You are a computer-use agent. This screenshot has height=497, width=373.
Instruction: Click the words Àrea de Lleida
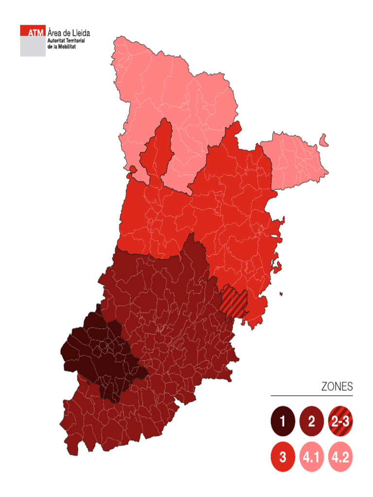(x=68, y=33)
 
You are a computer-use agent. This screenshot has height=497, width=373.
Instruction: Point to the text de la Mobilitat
(x=61, y=47)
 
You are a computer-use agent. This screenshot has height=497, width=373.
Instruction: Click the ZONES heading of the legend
(x=337, y=387)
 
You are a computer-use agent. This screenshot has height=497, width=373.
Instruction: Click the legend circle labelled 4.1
(x=312, y=457)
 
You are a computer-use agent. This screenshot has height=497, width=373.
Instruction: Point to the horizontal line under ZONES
(x=311, y=396)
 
